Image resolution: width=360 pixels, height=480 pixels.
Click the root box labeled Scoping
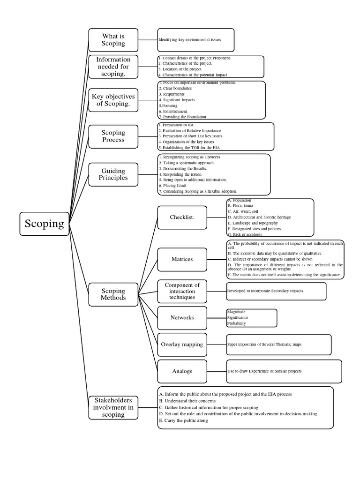(x=45, y=224)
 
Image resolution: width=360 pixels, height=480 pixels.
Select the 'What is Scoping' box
(x=113, y=40)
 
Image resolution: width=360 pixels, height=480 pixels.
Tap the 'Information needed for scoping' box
(x=113, y=67)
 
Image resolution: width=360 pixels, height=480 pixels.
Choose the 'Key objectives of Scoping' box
(x=113, y=100)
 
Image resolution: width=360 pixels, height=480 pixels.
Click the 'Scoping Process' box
(x=113, y=136)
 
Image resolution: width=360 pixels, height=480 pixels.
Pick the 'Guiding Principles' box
(x=113, y=174)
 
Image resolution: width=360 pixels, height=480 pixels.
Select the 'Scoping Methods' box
(x=113, y=294)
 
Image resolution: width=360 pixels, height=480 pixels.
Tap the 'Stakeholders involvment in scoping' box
(x=113, y=407)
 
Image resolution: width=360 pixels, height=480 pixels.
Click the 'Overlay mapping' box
(x=182, y=345)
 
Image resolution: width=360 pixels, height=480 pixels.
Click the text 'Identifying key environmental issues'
(x=189, y=40)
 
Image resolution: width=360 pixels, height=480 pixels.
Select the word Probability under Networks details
(x=236, y=323)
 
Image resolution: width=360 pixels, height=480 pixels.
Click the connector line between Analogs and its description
(x=210, y=371)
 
